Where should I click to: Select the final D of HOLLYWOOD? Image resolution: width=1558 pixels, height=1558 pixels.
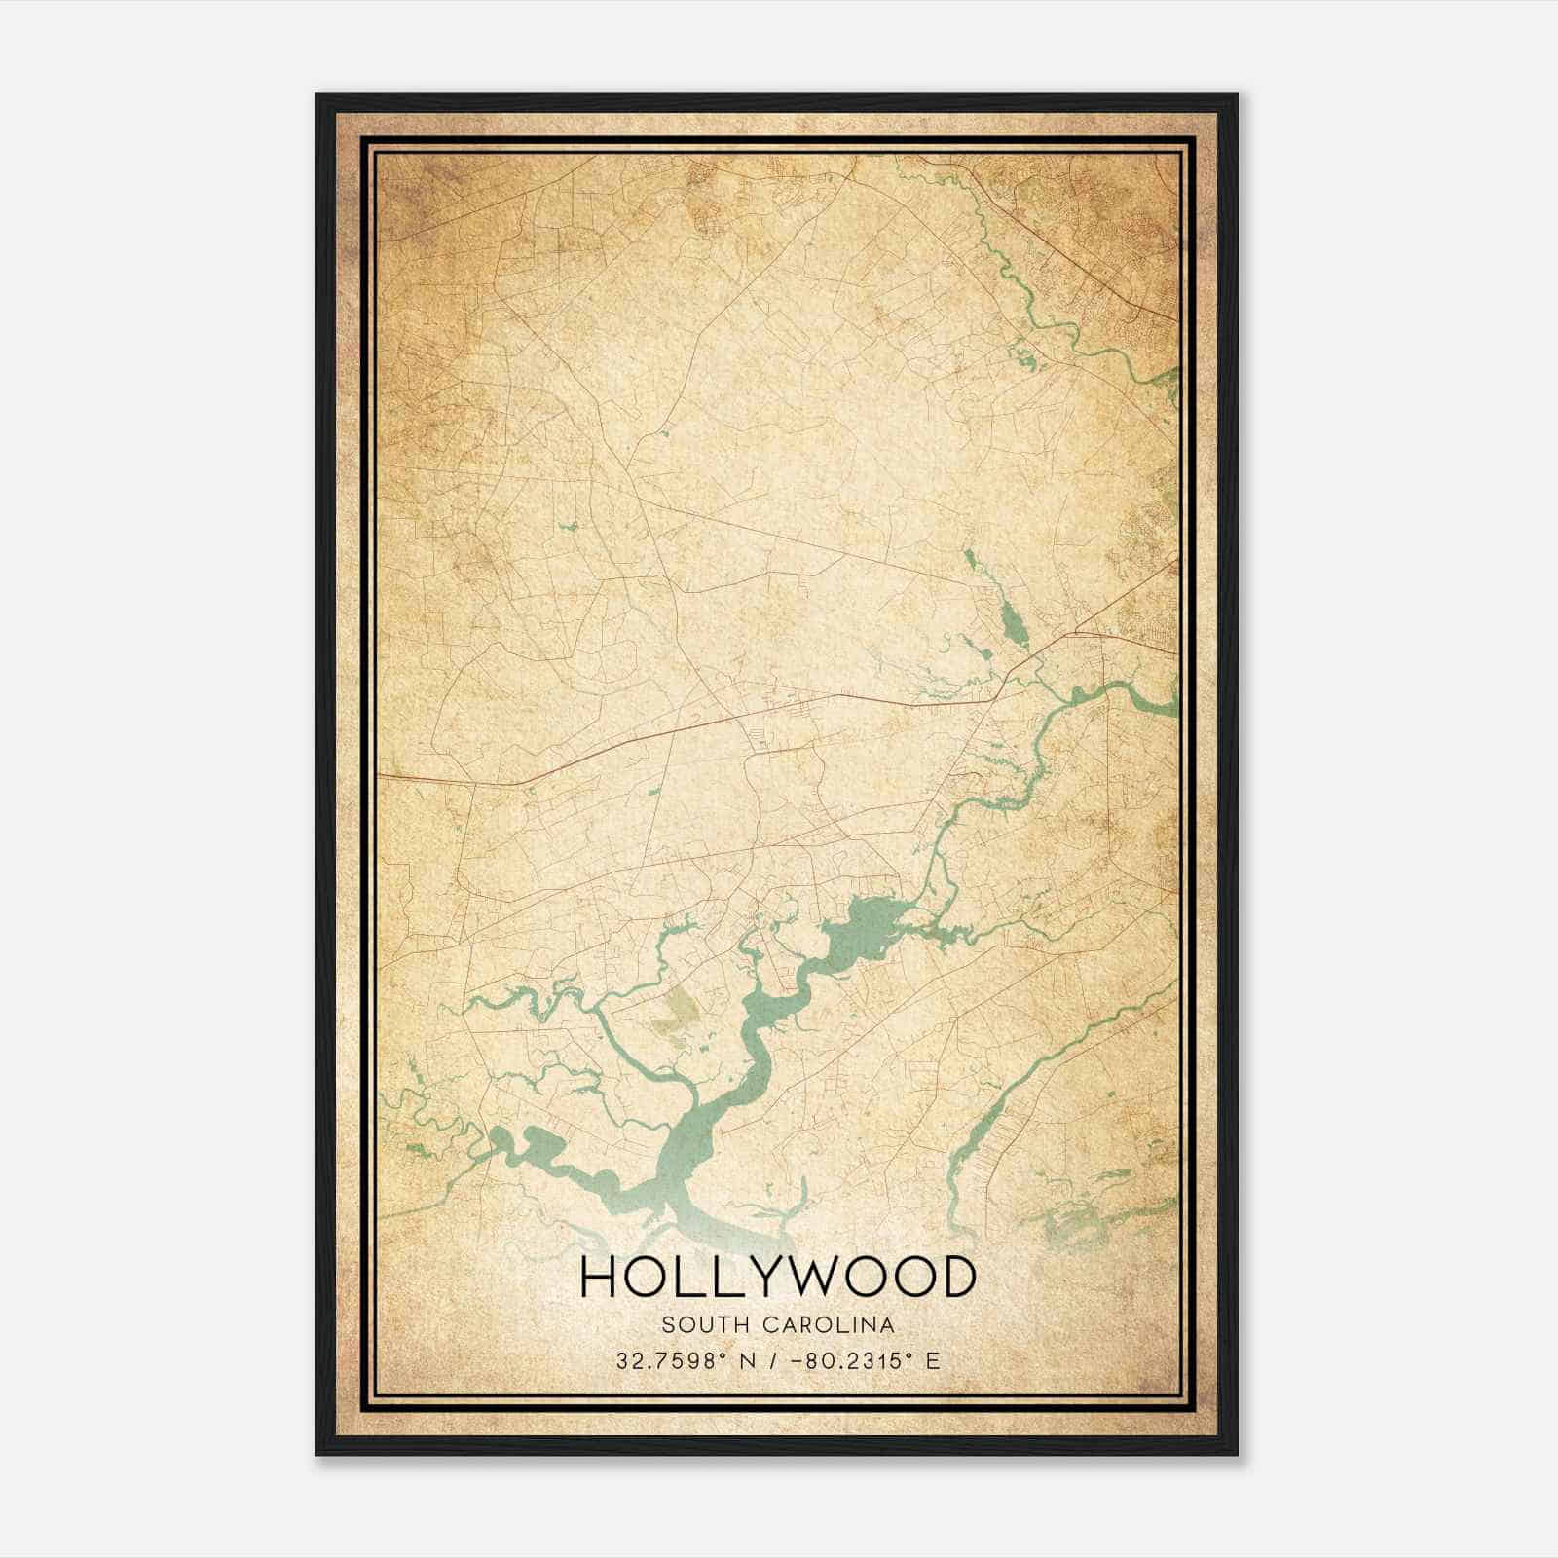pyautogui.click(x=956, y=1278)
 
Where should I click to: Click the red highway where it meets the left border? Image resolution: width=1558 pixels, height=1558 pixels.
pyautogui.click(x=382, y=776)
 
